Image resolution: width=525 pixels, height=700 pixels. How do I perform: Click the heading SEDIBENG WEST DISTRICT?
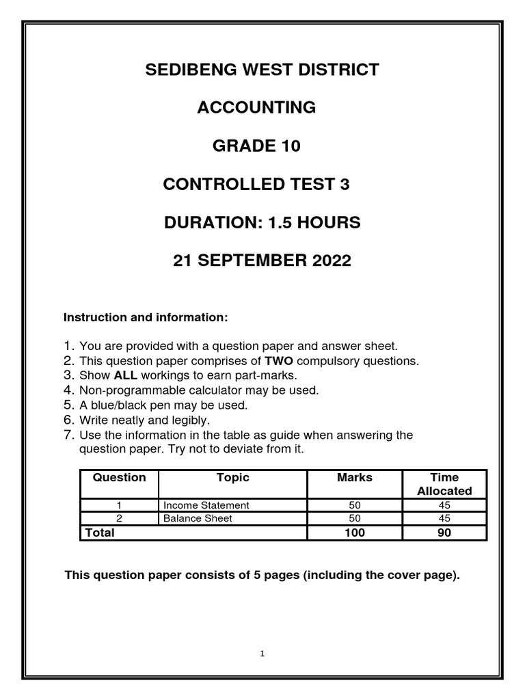(x=262, y=69)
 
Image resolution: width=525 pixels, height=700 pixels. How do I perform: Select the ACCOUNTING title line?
(x=256, y=107)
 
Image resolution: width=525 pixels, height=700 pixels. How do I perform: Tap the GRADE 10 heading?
(x=256, y=146)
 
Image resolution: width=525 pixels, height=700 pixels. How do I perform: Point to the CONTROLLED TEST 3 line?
(x=256, y=184)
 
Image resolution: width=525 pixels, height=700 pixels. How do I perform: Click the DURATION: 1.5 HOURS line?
(x=262, y=222)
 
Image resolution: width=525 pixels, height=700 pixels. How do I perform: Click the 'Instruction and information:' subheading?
(x=145, y=318)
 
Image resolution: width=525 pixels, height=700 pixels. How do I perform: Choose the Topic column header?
(x=232, y=478)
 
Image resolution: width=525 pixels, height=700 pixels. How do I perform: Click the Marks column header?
(x=355, y=478)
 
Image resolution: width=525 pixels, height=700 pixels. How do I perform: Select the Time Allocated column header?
(x=444, y=484)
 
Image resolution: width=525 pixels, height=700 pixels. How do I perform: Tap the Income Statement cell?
(x=206, y=505)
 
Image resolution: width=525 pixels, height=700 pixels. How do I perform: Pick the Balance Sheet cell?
(x=198, y=518)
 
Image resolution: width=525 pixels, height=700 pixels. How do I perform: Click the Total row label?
(x=99, y=533)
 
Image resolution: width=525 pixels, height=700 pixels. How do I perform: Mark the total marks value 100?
(x=355, y=533)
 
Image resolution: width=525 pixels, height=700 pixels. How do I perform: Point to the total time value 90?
(x=444, y=533)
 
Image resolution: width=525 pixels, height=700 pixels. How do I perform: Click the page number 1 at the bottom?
(x=262, y=654)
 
